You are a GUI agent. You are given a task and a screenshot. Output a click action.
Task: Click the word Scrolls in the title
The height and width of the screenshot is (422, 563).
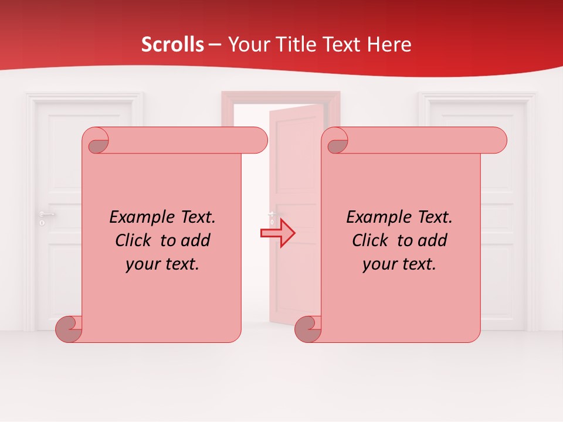tap(172, 45)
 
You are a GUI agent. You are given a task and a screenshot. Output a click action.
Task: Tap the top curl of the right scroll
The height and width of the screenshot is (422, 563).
tap(337, 141)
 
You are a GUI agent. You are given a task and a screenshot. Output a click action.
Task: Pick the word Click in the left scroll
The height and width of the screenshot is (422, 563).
tap(135, 240)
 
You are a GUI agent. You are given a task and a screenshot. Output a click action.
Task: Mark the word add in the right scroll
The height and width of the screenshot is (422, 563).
tap(433, 240)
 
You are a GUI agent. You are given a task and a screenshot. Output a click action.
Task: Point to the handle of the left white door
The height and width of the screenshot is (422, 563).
tap(46, 214)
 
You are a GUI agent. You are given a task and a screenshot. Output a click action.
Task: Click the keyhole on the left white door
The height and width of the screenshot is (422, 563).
tap(42, 223)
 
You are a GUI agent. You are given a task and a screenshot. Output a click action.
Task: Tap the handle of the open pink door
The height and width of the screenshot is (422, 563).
tap(272, 215)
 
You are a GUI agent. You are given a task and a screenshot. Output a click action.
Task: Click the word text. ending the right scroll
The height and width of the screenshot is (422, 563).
tap(418, 264)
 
